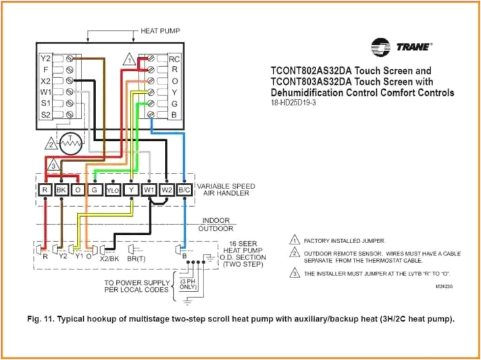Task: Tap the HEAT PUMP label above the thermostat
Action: point(160,31)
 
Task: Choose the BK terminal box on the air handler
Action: point(61,190)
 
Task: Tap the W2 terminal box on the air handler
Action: point(166,190)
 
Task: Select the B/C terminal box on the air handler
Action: point(184,190)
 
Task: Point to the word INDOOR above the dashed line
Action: point(216,220)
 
